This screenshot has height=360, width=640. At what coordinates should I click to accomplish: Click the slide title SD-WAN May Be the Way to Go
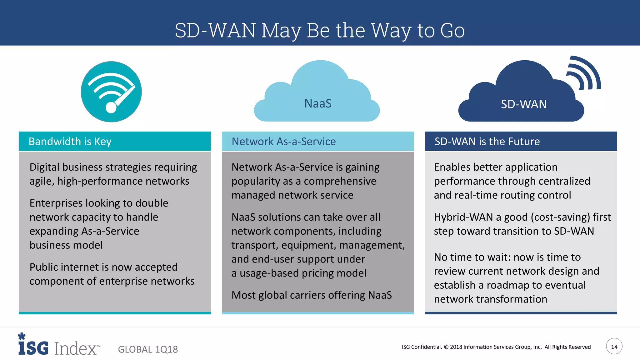pyautogui.click(x=320, y=30)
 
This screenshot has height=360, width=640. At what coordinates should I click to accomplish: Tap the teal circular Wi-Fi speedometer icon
pyautogui.click(x=111, y=92)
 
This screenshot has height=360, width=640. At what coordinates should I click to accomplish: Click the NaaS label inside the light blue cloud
pyautogui.click(x=318, y=103)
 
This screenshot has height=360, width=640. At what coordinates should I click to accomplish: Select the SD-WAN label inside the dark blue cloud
pyautogui.click(x=523, y=104)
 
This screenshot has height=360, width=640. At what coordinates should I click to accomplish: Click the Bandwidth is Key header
pyautogui.click(x=70, y=142)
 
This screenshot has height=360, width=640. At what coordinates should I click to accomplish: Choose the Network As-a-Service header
pyautogui.click(x=283, y=142)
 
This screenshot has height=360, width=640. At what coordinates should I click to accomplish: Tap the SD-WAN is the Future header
pyautogui.click(x=487, y=142)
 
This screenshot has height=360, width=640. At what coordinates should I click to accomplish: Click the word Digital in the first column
pyautogui.click(x=44, y=167)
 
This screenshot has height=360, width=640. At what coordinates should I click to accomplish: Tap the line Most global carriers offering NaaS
pyautogui.click(x=311, y=295)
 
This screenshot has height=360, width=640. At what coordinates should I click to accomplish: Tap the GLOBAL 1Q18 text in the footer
pyautogui.click(x=148, y=349)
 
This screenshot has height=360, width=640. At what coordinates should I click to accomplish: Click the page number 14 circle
pyautogui.click(x=614, y=346)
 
